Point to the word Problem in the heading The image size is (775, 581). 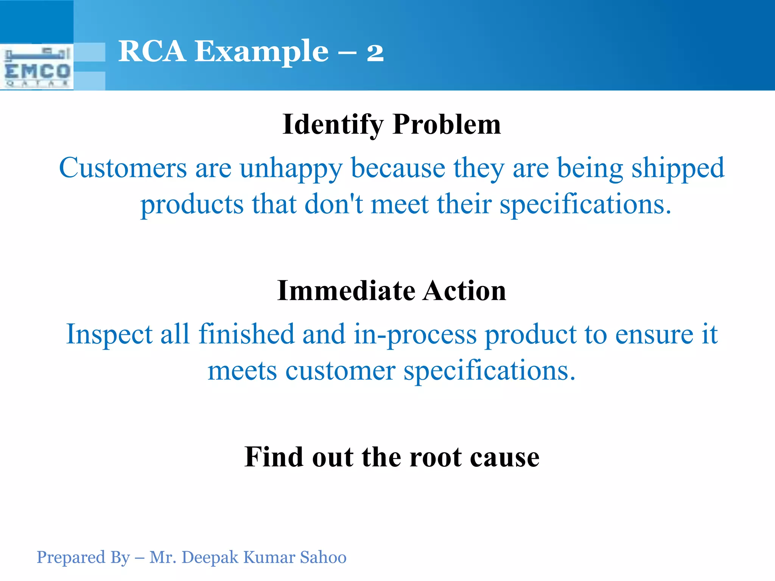tap(447, 124)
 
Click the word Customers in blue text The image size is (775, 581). tap(123, 168)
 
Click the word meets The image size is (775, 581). tap(242, 371)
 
